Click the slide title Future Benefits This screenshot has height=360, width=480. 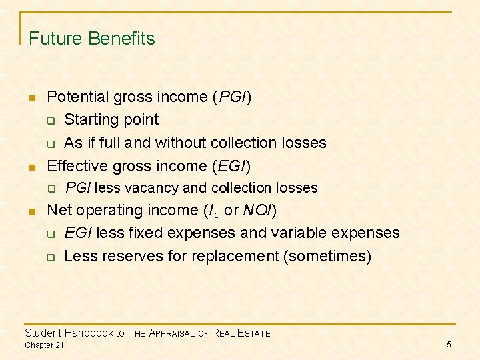coord(92,39)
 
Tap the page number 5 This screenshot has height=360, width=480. coord(449,344)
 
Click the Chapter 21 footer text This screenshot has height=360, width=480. coord(45,345)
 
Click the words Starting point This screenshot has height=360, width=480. coord(111,120)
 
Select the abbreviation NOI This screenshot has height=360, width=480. coord(257,211)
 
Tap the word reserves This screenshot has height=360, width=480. coord(123,256)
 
